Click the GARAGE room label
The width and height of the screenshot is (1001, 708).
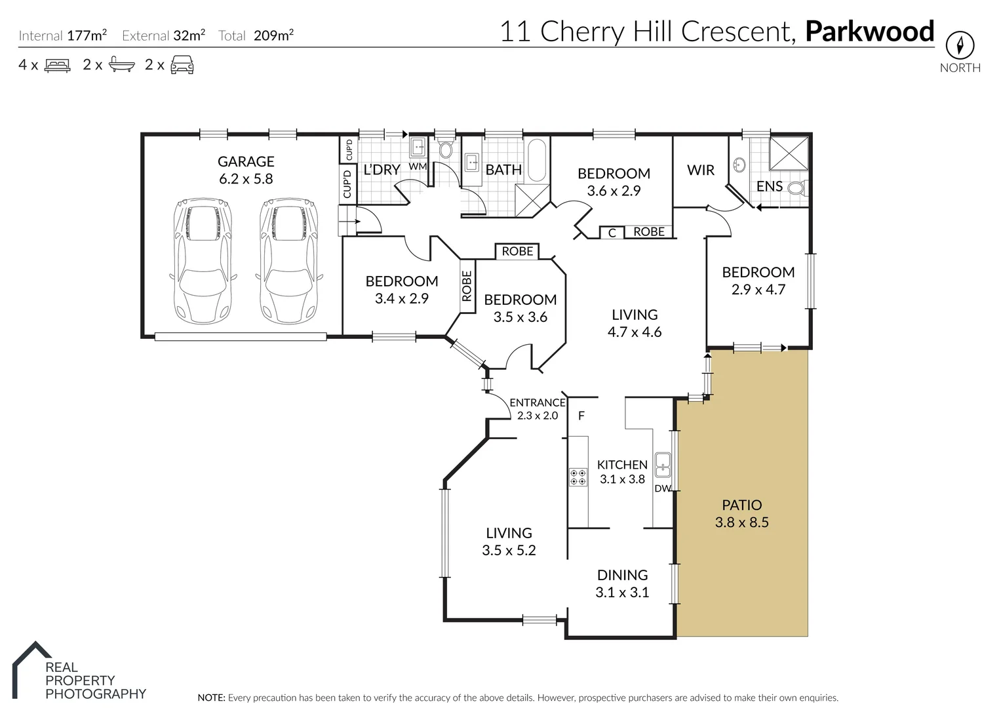246,161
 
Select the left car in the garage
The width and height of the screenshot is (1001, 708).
201,261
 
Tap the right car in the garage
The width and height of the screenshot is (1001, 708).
288,261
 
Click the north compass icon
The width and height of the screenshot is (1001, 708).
960,45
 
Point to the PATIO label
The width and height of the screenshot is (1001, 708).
741,505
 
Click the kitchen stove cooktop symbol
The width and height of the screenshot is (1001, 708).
578,477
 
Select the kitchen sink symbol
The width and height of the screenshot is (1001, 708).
663,463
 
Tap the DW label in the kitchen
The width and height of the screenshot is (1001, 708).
662,488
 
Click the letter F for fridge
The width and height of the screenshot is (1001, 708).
581,416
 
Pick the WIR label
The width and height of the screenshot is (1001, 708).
700,170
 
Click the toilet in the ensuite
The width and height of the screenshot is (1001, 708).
796,188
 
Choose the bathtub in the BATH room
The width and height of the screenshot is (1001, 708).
536,161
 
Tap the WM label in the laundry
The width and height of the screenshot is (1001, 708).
418,167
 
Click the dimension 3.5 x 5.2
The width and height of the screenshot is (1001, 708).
509,551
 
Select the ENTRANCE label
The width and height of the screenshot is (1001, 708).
537,403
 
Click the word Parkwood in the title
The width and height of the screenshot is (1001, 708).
869,31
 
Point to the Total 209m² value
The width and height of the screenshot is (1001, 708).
273,35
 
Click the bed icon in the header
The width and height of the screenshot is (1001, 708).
57,65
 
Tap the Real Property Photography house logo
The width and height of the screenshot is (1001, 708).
32,662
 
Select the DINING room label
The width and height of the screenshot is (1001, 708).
622,575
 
